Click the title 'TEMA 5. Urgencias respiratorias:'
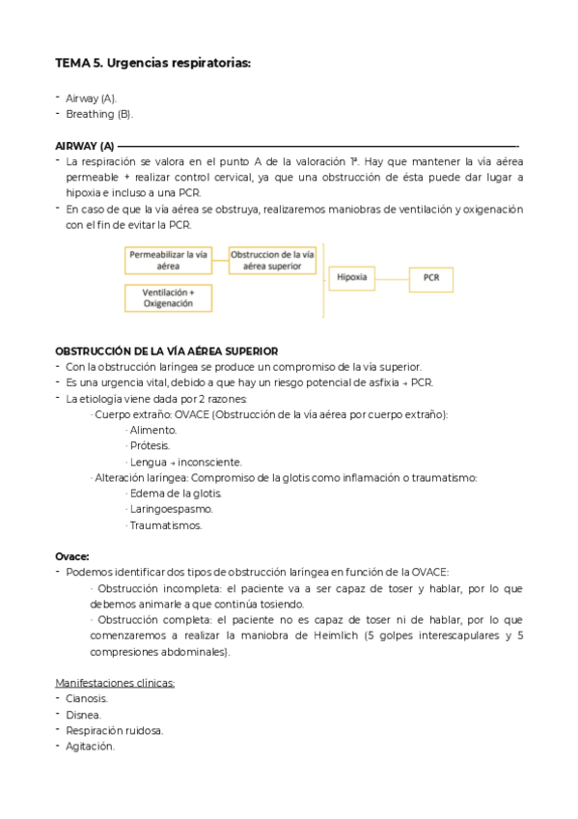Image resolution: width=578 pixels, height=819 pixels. (152, 64)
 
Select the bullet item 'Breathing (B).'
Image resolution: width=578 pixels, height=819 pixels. (99, 114)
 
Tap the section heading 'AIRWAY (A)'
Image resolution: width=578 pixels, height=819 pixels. (85, 146)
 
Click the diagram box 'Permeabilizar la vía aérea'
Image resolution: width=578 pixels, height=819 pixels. (168, 259)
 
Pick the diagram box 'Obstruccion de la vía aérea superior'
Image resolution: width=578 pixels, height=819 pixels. (271, 259)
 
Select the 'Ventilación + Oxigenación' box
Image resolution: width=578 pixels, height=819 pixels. (168, 297)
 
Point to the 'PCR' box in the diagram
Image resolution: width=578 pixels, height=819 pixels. (429, 278)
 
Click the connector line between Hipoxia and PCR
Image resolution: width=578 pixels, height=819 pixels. (390, 278)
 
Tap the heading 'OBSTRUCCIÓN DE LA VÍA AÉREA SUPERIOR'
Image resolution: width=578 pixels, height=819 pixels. (166, 351)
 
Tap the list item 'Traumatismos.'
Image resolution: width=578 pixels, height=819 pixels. (165, 524)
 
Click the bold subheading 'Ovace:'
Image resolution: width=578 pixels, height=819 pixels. (72, 556)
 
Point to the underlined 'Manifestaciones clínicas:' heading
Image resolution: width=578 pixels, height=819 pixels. (115, 683)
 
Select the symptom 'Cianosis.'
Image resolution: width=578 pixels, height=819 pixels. (87, 698)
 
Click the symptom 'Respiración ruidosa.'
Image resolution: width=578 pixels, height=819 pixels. (114, 730)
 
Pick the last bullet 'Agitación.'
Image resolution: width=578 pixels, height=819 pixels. (90, 746)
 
